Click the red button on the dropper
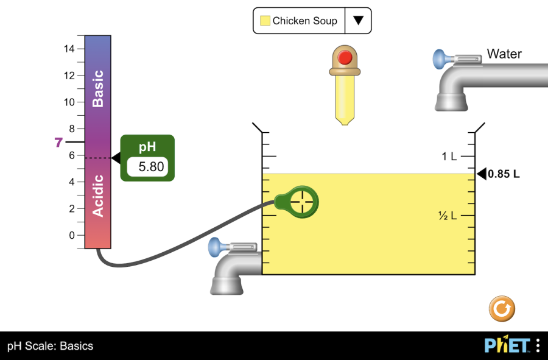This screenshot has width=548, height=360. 345,58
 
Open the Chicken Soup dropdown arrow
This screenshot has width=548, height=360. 358,21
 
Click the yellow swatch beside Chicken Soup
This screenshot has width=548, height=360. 265,21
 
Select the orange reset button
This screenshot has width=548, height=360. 502,309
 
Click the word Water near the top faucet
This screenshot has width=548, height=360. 504,54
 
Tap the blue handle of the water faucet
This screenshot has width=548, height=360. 439,60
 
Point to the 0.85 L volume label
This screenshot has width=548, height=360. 504,174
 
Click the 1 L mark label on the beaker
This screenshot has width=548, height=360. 449,157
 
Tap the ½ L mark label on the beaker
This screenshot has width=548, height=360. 448,216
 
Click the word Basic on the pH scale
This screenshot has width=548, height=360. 97,88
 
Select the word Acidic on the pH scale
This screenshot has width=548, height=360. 97,196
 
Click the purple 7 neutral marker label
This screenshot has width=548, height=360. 58,143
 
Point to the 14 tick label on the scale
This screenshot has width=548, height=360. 69,49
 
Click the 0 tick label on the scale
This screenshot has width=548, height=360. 72,235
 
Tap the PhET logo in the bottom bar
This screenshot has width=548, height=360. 507,345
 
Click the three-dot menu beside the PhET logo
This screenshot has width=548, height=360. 538,345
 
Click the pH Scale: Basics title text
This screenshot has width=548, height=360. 51,346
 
